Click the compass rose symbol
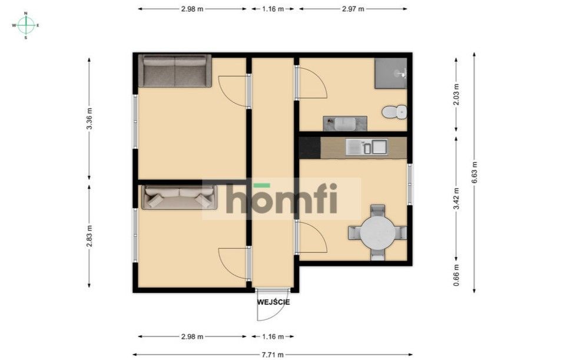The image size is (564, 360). click(x=25, y=25)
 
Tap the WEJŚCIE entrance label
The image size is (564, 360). click(x=273, y=302)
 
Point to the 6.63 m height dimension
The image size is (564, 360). click(x=475, y=172)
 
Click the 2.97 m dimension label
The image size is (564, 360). click(x=353, y=9)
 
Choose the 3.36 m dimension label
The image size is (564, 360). click(x=89, y=118)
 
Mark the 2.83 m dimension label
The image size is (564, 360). click(x=89, y=236)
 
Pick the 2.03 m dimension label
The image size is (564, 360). click(x=456, y=94)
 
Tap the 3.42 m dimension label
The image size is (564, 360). click(x=456, y=198)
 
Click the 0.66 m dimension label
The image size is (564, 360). click(x=456, y=274)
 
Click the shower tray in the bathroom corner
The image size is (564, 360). click(x=391, y=73)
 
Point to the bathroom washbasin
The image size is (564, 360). click(x=344, y=124)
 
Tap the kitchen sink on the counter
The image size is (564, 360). click(x=366, y=146)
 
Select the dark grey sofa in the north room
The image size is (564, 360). click(x=175, y=71)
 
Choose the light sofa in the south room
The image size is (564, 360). click(x=180, y=197)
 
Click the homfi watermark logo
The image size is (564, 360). click(x=281, y=199)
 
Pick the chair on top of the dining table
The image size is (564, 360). click(x=377, y=210)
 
